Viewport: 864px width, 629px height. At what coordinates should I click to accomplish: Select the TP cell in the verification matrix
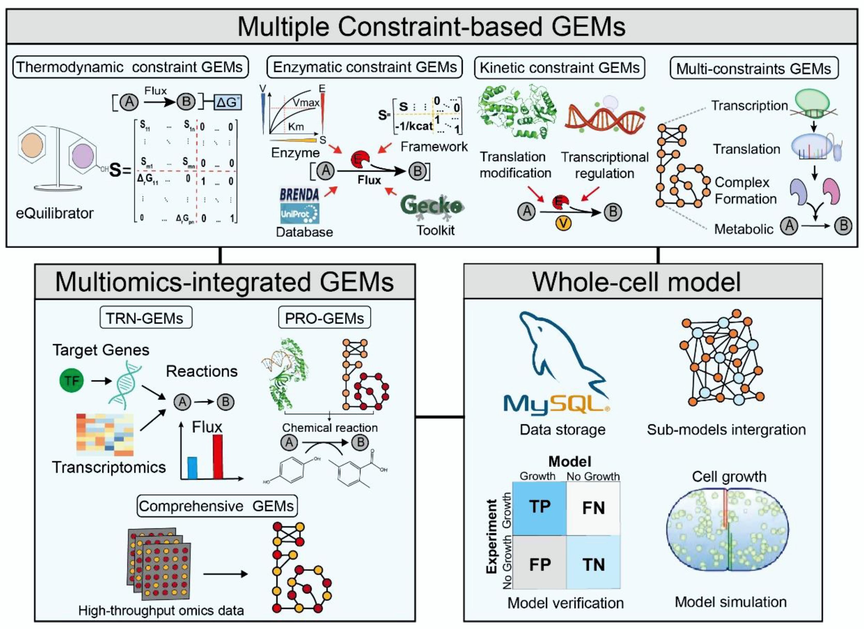[x=539, y=507]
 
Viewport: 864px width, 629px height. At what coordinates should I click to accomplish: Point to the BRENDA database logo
[x=300, y=194]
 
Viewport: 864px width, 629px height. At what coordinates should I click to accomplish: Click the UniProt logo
[x=300, y=214]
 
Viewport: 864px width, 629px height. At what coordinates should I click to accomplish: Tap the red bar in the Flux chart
[x=218, y=457]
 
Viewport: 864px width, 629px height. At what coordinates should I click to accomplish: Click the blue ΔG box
[x=228, y=102]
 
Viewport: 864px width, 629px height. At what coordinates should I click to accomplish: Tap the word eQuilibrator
[x=55, y=213]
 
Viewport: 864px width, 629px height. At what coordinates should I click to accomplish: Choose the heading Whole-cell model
[x=636, y=282]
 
